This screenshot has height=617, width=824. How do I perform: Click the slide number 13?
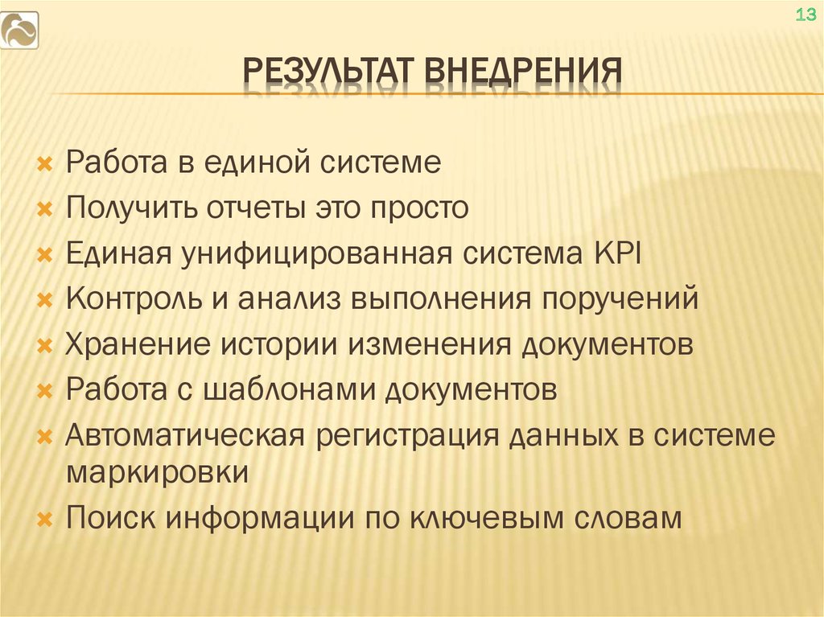coord(805,15)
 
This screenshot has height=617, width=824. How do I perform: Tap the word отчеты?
coord(249,209)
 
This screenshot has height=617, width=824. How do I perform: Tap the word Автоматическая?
coord(184,438)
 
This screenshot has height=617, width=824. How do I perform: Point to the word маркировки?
coord(157,471)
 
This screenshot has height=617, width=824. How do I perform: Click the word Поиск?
coord(110,516)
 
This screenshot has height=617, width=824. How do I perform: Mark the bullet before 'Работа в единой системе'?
coord(45,165)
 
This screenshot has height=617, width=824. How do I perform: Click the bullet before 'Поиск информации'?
coord(45,518)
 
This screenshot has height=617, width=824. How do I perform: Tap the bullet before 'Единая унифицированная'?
coord(45,256)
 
